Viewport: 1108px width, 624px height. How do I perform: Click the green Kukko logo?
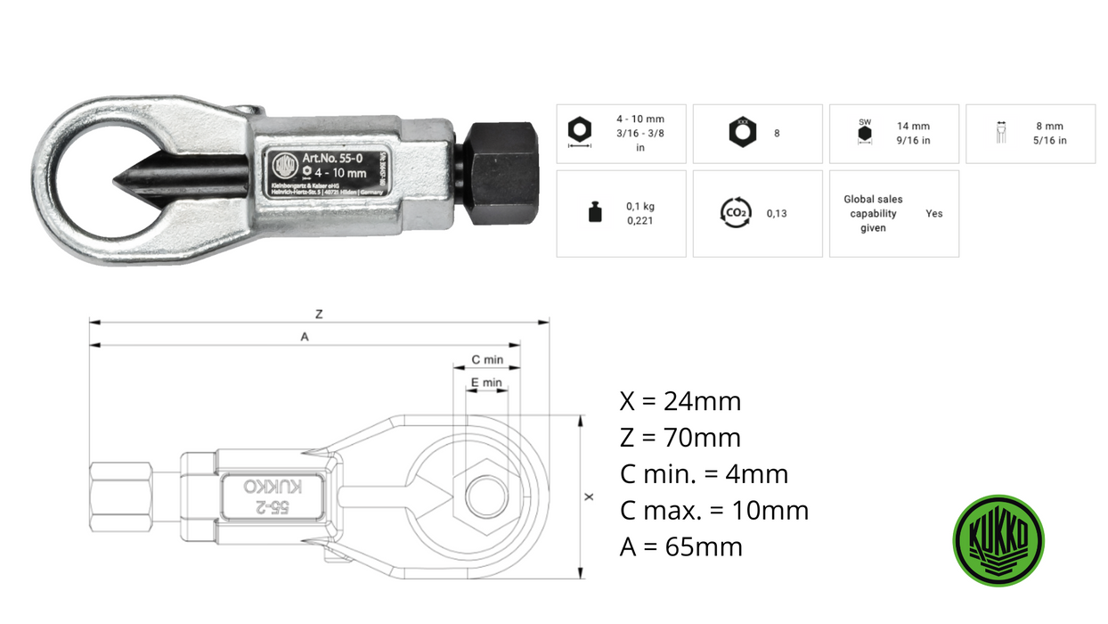tap(998, 541)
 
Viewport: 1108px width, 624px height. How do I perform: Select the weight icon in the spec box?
tap(594, 213)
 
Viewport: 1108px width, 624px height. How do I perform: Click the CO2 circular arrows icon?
tap(735, 213)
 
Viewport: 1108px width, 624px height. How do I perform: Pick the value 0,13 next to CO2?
tap(776, 214)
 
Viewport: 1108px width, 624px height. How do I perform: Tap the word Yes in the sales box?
tap(933, 214)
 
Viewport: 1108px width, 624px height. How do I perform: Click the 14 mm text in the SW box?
tap(913, 127)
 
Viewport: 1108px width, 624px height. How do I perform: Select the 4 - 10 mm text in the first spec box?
tap(640, 119)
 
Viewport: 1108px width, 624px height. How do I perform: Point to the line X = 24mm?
tap(680, 401)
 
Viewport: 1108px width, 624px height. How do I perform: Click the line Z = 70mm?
tap(680, 438)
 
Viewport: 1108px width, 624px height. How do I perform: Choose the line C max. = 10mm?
tap(714, 511)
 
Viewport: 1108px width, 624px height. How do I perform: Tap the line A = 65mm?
tap(681, 546)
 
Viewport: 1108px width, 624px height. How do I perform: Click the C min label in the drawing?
tap(487, 359)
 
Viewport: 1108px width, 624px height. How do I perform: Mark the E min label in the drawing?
tap(486, 382)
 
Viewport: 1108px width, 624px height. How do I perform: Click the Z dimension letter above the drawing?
tap(319, 314)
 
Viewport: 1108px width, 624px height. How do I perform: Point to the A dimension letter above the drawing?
tap(305, 337)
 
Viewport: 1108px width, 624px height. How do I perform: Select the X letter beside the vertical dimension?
tap(589, 497)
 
